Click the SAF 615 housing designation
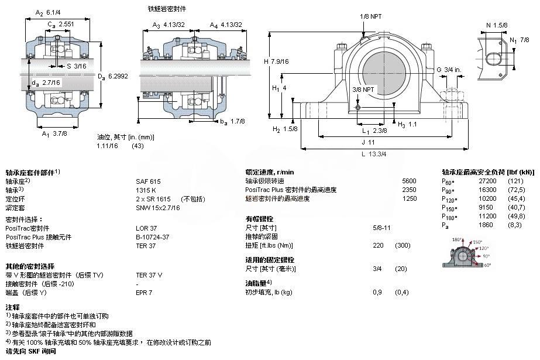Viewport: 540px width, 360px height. (148, 181)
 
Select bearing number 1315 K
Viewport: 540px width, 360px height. (146, 190)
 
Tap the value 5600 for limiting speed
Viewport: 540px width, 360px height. (409, 181)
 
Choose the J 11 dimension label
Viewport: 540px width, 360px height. (367, 142)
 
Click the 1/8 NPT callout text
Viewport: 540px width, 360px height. (371, 16)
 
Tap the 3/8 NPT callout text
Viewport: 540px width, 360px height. (363, 90)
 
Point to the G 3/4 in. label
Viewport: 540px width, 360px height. (449, 70)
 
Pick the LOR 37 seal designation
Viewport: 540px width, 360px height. (146, 228)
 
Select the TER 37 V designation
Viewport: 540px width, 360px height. (149, 274)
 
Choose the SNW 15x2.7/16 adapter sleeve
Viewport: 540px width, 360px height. (158, 208)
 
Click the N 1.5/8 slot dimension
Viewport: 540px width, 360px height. (497, 25)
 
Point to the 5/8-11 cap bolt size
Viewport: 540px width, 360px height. (382, 227)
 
